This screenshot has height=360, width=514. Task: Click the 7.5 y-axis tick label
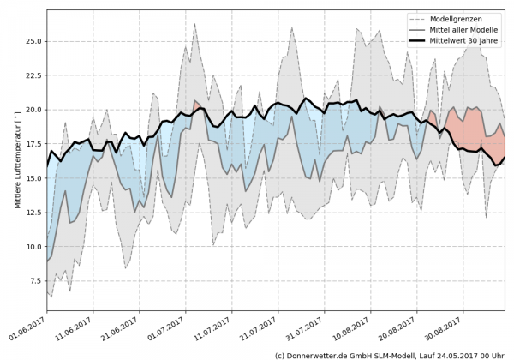(33, 281)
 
